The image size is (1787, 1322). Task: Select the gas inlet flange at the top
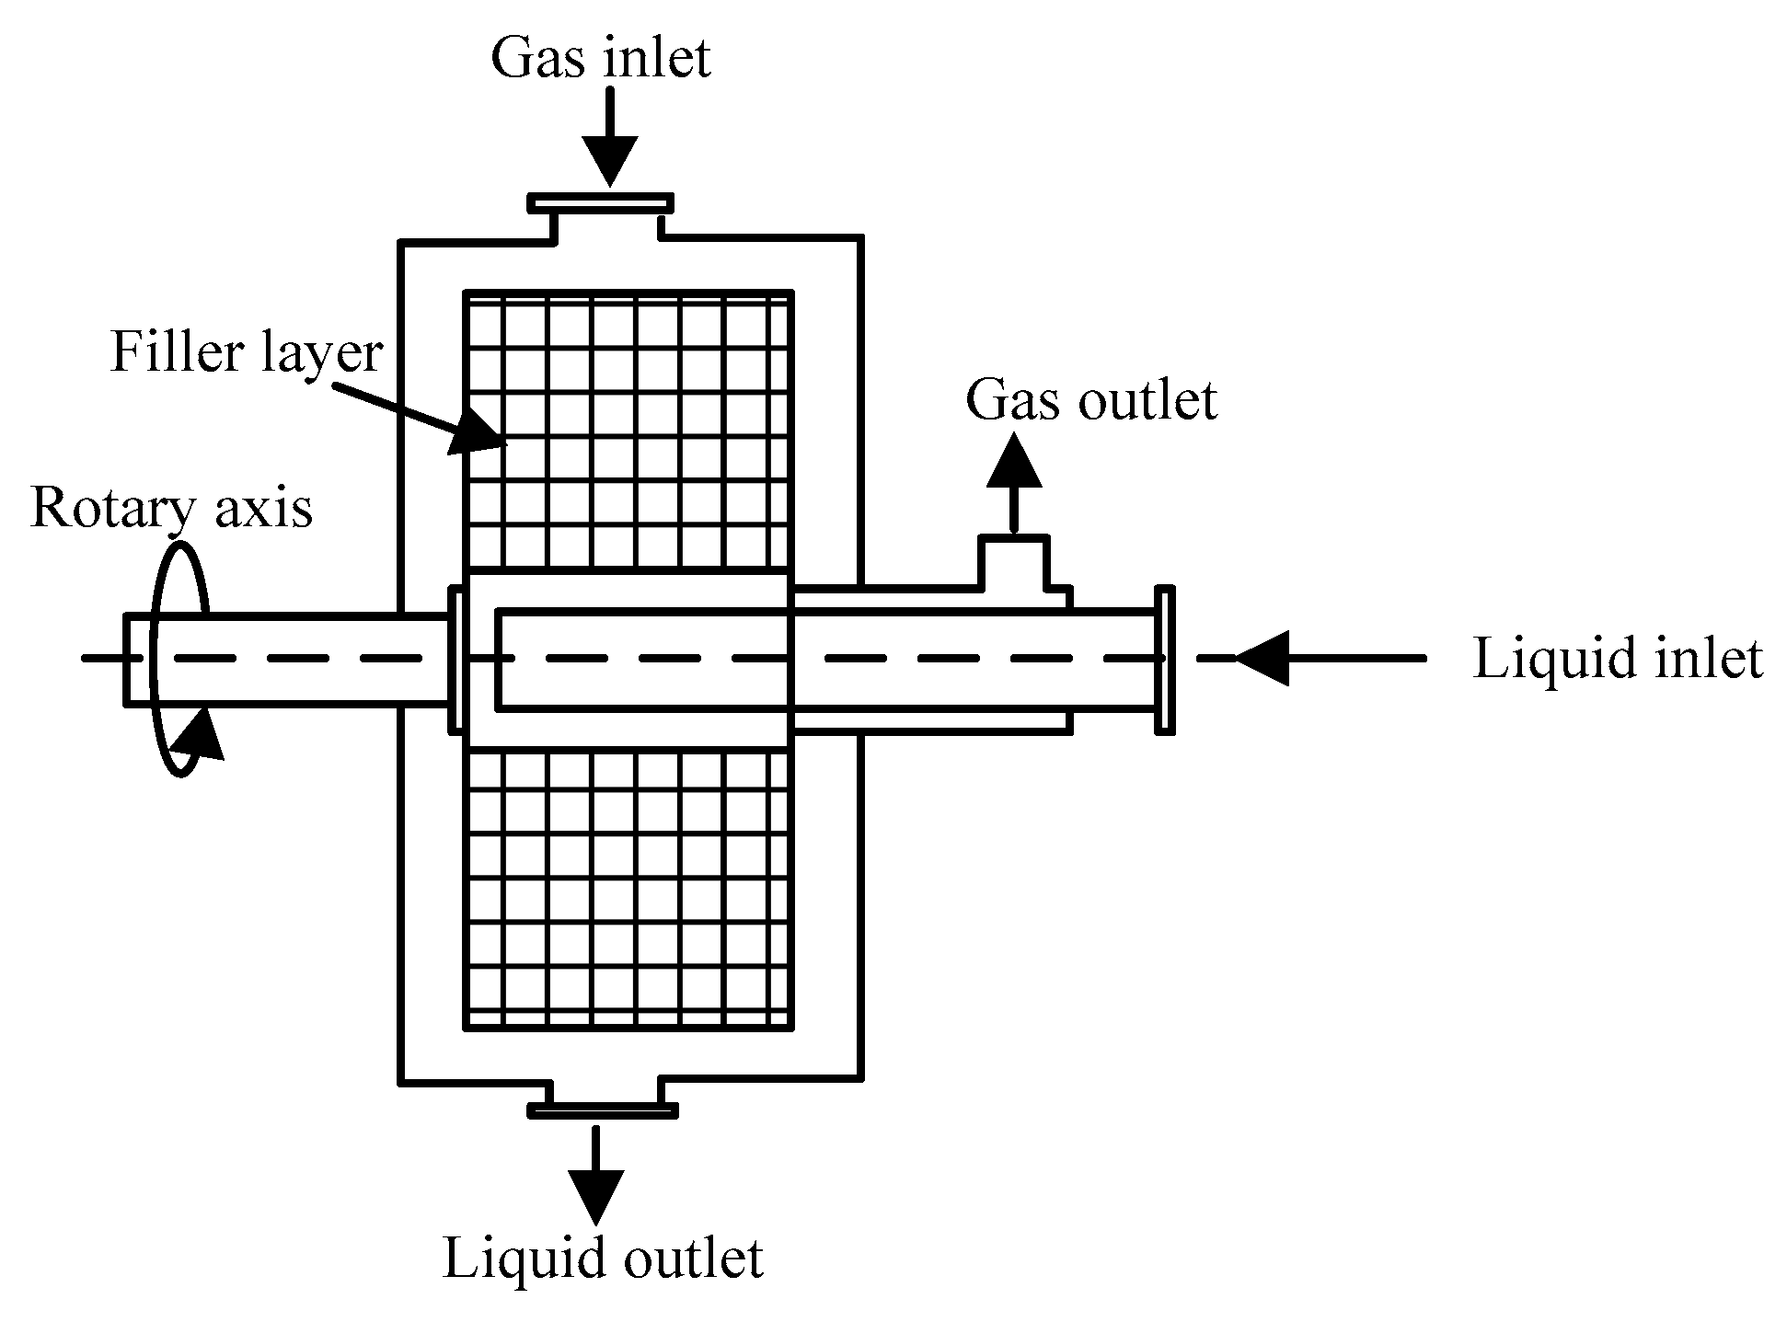click(x=600, y=202)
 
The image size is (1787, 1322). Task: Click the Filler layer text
click(x=246, y=353)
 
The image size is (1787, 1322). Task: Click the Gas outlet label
click(x=1091, y=401)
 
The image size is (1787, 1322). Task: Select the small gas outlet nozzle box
click(x=1013, y=561)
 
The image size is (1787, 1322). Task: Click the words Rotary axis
click(x=171, y=509)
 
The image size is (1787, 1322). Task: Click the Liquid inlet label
click(x=1617, y=660)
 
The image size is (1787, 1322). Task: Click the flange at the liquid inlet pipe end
click(x=1164, y=659)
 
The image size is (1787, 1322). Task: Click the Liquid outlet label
click(x=603, y=1258)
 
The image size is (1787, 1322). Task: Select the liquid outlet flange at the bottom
click(x=603, y=1110)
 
